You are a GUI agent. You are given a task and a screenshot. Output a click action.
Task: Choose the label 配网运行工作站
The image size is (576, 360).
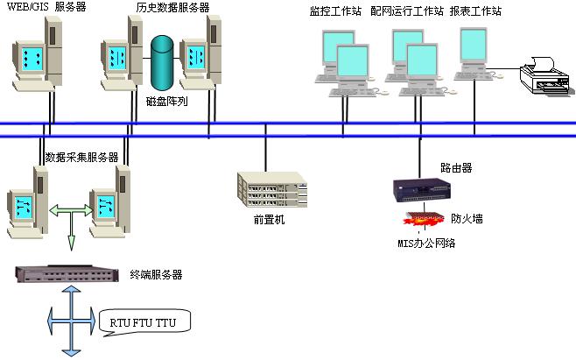[407, 11]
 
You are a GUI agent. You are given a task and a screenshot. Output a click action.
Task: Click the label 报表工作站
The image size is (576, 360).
[481, 11]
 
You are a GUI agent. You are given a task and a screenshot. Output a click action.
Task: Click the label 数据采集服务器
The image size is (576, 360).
[81, 157]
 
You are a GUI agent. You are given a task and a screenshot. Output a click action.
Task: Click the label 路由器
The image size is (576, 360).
[456, 167]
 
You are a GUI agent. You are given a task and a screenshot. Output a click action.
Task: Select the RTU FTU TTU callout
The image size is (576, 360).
[144, 321]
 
